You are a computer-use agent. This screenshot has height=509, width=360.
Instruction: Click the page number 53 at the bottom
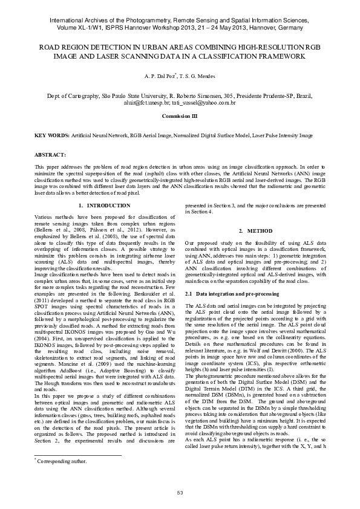click(x=180, y=493)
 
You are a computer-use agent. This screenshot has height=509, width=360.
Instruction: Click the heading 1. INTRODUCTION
click(x=105, y=206)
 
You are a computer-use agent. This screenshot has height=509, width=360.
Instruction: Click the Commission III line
click(x=180, y=115)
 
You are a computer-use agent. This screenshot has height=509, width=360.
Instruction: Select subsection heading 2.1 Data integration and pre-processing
click(x=232, y=294)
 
